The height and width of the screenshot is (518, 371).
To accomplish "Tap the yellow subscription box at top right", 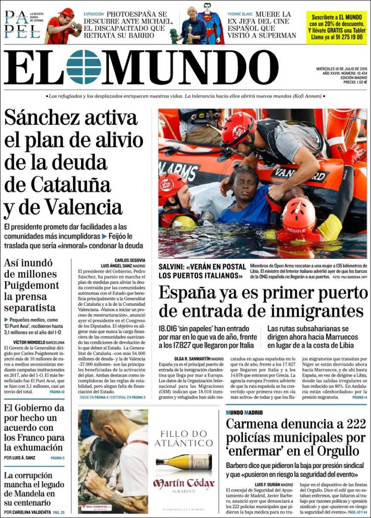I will (x=336, y=28).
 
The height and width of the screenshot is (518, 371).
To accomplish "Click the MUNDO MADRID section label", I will (x=244, y=413).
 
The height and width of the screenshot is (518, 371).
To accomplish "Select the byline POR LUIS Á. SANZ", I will (x=22, y=458).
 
